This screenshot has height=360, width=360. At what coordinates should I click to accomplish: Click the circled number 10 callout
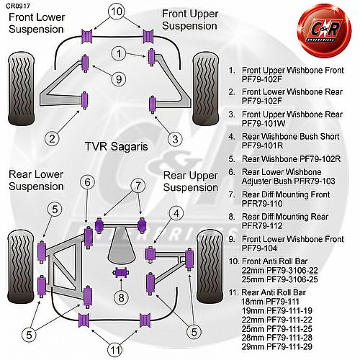pos(117,12)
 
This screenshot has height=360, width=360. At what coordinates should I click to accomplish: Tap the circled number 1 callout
pos(119,53)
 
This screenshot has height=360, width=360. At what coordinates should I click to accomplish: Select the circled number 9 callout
pos(119,79)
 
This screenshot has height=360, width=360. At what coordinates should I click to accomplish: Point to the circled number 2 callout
pos(52,138)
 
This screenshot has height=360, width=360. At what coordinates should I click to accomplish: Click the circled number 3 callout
pos(175,139)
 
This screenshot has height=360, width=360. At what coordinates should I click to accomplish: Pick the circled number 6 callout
pos(87,182)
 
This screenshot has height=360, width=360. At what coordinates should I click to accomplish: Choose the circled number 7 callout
pos(138,186)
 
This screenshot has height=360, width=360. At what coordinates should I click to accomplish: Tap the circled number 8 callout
pos(121,297)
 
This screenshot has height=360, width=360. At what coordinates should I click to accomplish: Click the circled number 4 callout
pos(176,213)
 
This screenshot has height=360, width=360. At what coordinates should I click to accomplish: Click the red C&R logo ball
pos(325,30)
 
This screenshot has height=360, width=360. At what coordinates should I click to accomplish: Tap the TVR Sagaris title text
pos(116,146)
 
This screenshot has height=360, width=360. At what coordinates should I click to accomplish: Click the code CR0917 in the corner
pos(18,6)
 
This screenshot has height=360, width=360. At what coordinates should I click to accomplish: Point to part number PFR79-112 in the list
pos(262,225)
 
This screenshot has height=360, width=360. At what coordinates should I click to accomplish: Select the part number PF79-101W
pos(264,123)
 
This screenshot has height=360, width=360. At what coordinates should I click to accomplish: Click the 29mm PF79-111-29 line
pos(277,346)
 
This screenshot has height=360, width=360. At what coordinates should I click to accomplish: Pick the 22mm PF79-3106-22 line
pos(279,271)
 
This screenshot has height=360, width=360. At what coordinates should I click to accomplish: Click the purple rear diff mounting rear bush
pos(121,273)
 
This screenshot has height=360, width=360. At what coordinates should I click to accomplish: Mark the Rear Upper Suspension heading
pos(191,181)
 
